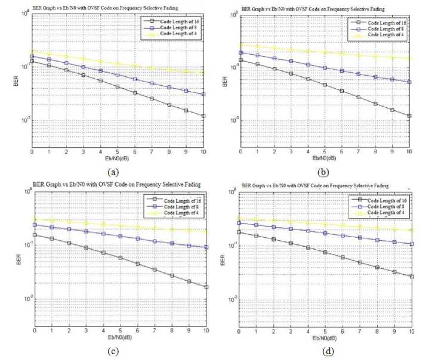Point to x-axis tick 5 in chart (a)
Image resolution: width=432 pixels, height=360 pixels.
(x=118, y=153)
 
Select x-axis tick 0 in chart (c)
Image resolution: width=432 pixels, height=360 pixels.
(x=35, y=330)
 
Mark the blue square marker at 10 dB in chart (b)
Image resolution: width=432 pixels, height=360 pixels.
(x=409, y=82)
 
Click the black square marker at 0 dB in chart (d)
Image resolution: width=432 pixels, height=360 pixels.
(x=239, y=232)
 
